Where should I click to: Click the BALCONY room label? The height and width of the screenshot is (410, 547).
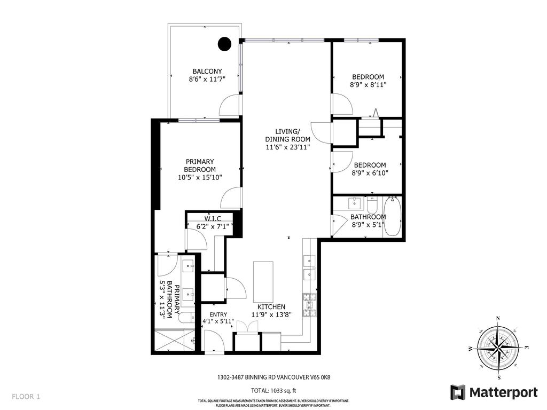(207, 71)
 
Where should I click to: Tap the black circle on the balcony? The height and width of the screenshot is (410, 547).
(225, 44)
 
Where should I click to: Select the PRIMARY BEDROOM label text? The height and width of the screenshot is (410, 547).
(200, 165)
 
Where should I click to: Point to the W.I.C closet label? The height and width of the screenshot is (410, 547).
(212, 218)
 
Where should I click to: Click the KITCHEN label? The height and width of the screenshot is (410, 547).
(271, 307)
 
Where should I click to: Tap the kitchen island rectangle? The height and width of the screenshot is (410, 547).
(262, 282)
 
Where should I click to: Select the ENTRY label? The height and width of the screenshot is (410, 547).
(218, 314)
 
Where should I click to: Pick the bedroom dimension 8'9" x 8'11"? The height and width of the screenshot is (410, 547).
(368, 84)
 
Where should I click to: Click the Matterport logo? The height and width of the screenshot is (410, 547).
(494, 392)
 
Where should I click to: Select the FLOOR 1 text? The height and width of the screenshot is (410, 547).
(26, 397)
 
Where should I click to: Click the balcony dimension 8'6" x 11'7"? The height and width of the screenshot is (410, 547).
(207, 80)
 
